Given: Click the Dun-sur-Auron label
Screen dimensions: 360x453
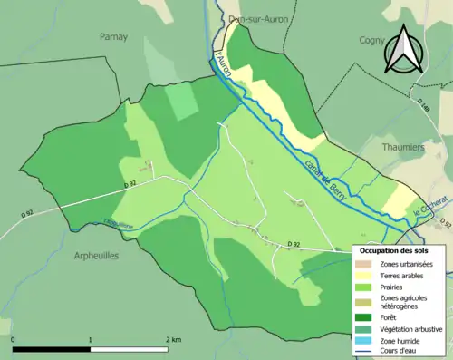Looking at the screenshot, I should click(253, 18).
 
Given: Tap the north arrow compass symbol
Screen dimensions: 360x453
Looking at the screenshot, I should click(406, 49).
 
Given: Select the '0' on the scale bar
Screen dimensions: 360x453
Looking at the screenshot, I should click(14, 339).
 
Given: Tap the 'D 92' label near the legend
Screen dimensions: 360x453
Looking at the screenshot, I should click(293, 244).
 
